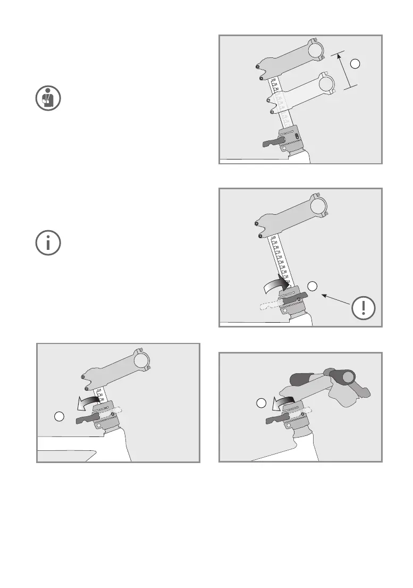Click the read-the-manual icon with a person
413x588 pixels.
[x=48, y=99]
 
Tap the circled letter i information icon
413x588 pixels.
[x=48, y=243]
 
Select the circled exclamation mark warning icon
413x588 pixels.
[x=364, y=308]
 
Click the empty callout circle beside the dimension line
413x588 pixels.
[x=357, y=64]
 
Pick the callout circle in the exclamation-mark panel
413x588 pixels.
[x=313, y=286]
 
